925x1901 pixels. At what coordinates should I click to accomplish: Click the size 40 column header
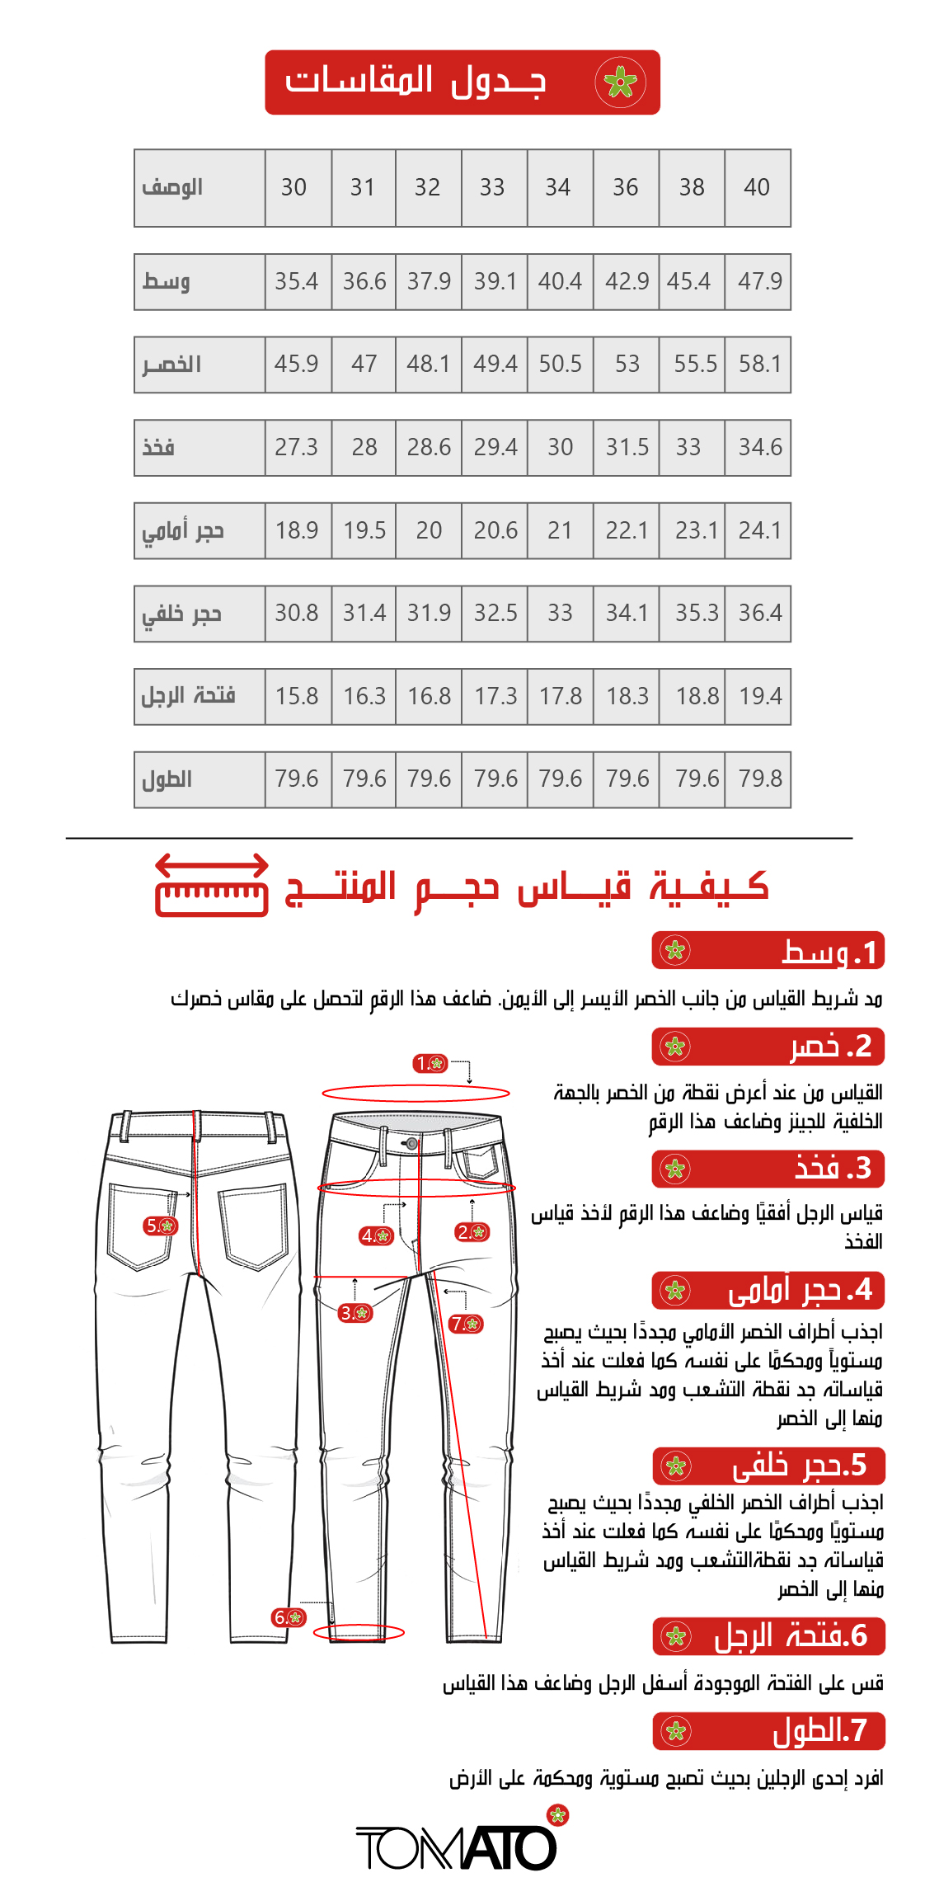click(757, 188)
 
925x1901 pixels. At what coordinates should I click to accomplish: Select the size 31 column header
click(363, 188)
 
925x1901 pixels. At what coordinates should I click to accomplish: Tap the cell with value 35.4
click(297, 282)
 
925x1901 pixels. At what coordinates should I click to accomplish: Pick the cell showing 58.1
click(759, 365)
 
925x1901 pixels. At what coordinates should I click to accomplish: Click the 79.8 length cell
click(759, 779)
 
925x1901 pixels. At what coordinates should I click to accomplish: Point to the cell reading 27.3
click(297, 448)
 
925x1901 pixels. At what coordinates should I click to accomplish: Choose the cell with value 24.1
click(759, 530)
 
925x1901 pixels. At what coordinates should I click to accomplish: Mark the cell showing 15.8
click(297, 697)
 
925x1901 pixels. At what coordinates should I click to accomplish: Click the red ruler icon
click(212, 887)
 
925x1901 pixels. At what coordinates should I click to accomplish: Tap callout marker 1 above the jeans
click(430, 1064)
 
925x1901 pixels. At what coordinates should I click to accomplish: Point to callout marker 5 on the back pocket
click(160, 1226)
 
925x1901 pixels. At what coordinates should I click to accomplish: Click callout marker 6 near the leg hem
click(289, 1618)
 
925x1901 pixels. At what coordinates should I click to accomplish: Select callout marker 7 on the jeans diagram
click(467, 1324)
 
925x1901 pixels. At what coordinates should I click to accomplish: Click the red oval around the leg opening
click(359, 1632)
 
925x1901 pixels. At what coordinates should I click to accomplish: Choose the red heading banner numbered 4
click(768, 1291)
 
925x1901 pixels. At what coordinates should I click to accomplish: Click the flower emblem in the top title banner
click(621, 82)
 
